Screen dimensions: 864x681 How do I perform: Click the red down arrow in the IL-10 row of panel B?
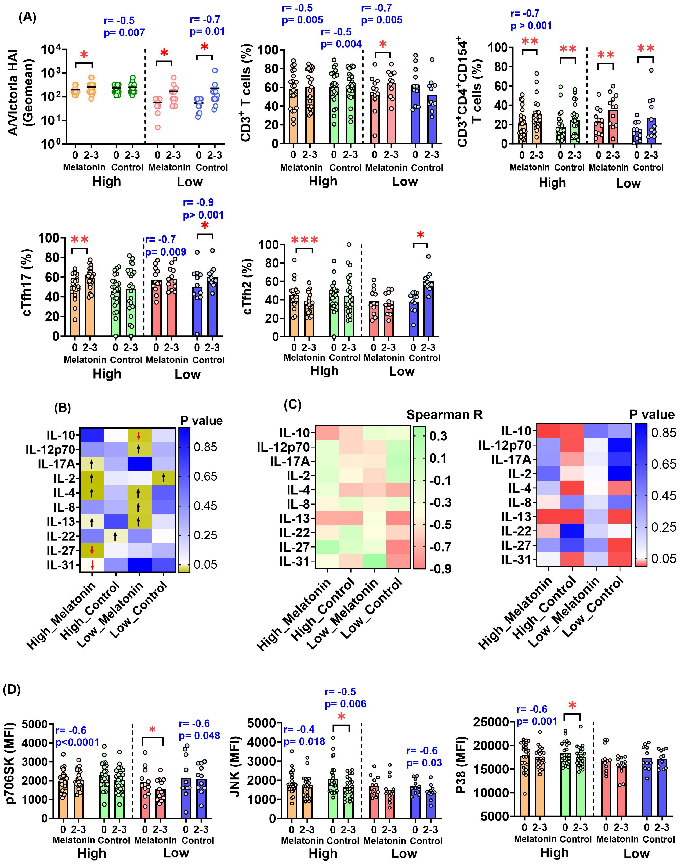click(139, 435)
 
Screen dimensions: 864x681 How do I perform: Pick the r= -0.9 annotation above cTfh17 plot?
click(198, 203)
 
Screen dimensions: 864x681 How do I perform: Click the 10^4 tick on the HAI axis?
click(52, 50)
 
